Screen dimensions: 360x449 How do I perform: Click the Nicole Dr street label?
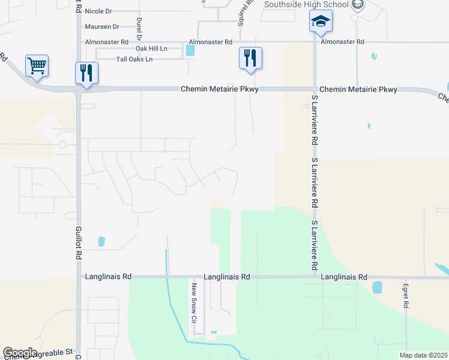coord(98,11)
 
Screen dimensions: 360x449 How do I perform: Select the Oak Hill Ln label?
coord(151,48)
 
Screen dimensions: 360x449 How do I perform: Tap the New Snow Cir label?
coord(194,302)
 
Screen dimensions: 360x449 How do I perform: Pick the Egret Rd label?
coord(406,296)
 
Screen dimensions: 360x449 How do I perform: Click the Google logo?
coord(20,353)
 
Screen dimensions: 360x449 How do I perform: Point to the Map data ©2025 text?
coord(423,355)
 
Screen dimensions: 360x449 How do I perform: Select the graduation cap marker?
coord(321,22)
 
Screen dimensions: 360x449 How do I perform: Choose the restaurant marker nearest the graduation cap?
coord(250,58)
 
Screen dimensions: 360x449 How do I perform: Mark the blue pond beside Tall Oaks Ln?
coord(190,51)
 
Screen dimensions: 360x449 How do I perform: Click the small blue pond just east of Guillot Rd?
coord(101,241)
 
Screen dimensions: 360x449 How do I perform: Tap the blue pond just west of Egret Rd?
coord(377,287)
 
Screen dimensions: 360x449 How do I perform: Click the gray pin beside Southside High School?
coord(358,5)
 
